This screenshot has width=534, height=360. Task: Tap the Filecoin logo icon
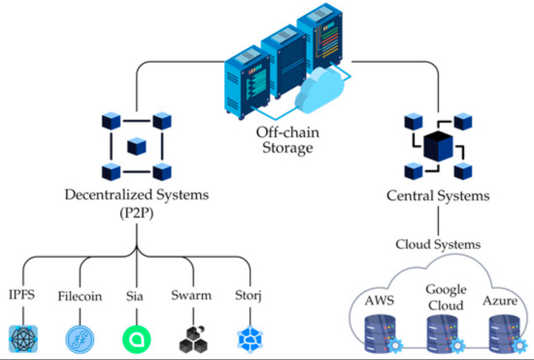click(x=80, y=339)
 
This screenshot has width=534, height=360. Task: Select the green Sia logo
click(x=136, y=339)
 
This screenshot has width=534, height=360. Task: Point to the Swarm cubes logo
click(x=193, y=338)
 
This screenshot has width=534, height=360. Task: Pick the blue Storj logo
click(x=250, y=339)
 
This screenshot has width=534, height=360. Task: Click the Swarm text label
click(x=191, y=296)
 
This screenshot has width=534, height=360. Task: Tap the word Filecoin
click(x=80, y=296)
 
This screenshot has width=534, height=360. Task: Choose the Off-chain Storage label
click(x=287, y=140)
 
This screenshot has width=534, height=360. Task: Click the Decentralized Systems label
click(x=136, y=194)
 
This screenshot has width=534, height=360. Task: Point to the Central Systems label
click(x=438, y=196)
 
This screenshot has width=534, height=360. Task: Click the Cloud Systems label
click(x=438, y=244)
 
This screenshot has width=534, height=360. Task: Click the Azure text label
click(x=500, y=301)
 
